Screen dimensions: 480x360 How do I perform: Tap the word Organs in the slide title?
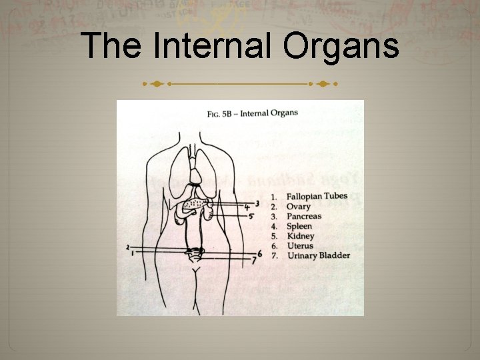(341, 46)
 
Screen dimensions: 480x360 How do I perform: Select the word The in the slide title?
(111, 46)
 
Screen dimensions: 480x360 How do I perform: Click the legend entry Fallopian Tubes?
(317, 196)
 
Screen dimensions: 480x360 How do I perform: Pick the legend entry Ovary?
(298, 207)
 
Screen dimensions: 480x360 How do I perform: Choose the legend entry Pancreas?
(303, 216)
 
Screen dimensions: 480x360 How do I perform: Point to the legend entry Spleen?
(299, 226)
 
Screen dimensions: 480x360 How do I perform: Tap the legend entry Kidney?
(300, 236)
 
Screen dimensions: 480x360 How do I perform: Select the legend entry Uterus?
(299, 245)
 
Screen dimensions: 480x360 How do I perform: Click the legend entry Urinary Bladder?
(318, 255)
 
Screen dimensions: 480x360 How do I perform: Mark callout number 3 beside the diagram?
(257, 203)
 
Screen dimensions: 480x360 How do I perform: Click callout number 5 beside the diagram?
(251, 216)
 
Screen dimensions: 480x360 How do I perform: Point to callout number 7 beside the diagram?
(254, 261)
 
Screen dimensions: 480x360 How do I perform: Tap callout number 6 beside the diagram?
(259, 253)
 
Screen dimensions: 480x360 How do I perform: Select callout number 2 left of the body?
(127, 247)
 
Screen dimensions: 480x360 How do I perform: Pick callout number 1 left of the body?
(132, 253)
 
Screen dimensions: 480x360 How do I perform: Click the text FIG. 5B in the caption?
(221, 114)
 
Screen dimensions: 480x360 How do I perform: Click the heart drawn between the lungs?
(195, 176)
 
